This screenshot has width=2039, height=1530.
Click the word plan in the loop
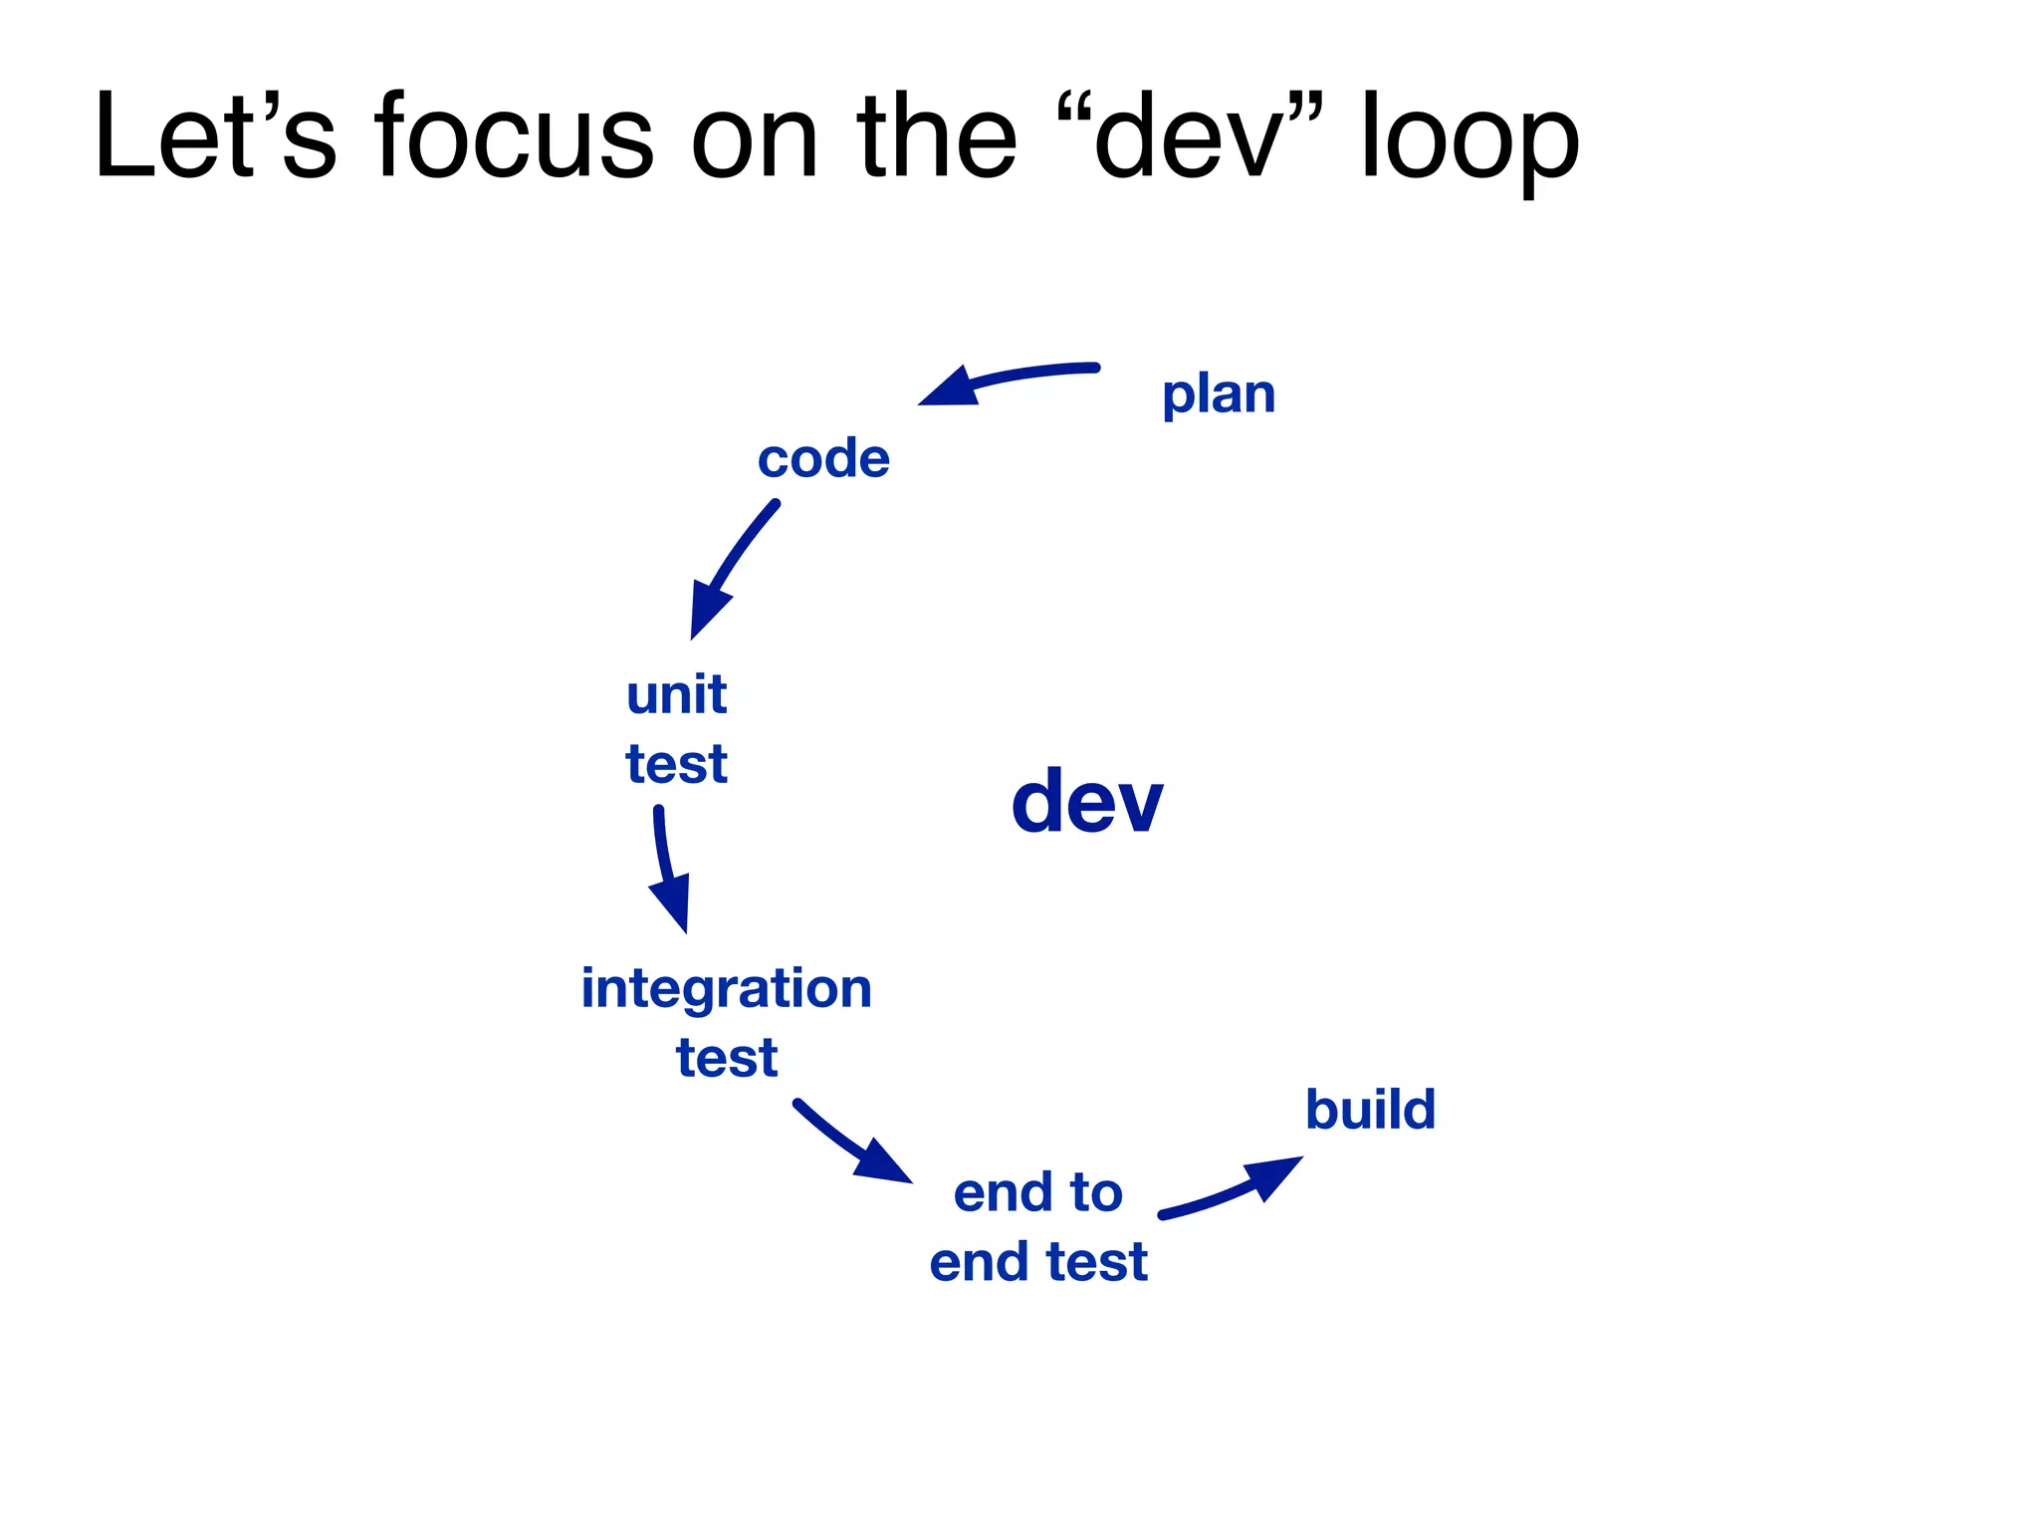point(1218,395)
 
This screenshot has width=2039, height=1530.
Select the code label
point(823,459)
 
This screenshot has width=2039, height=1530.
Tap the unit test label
point(676,728)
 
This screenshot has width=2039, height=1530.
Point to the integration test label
point(726,1022)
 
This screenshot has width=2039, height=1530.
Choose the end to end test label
point(1038,1227)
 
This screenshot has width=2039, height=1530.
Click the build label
point(1370,1110)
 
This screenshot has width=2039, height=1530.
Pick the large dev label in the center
point(1086,802)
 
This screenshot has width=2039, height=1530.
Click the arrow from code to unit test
point(731,568)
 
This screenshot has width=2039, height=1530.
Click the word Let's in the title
point(215,136)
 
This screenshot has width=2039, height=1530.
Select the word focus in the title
point(514,136)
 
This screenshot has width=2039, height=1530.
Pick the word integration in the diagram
point(726,988)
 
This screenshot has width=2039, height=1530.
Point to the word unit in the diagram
point(676,694)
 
